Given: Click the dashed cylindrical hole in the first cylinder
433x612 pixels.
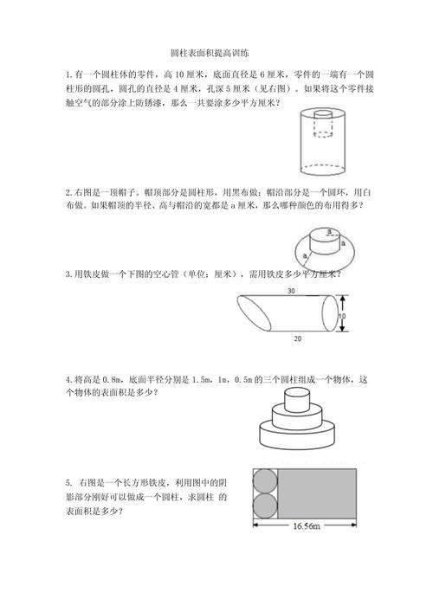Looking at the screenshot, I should click(x=322, y=125).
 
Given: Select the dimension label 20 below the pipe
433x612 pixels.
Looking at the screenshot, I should click(x=299, y=337).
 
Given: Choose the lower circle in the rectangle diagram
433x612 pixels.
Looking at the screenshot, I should click(x=264, y=504).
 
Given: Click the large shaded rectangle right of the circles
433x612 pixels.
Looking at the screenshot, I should click(x=317, y=492).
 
